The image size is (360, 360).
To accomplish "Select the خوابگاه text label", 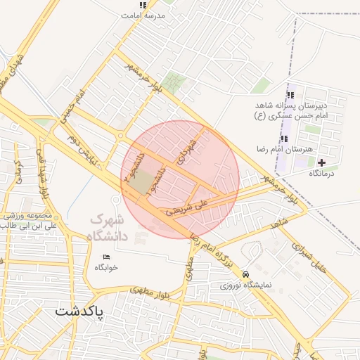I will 106,268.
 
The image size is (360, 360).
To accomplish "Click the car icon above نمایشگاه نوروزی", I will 245,274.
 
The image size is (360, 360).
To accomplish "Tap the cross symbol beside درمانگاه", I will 323,163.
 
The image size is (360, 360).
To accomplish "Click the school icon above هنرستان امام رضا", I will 285,139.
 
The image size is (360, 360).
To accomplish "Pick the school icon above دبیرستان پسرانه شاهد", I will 290,96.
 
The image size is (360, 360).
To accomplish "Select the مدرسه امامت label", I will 148,15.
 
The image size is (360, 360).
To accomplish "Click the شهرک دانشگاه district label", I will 116,228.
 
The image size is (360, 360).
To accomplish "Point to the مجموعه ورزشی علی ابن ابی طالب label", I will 30,221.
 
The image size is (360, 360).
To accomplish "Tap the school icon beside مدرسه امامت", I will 143,6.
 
